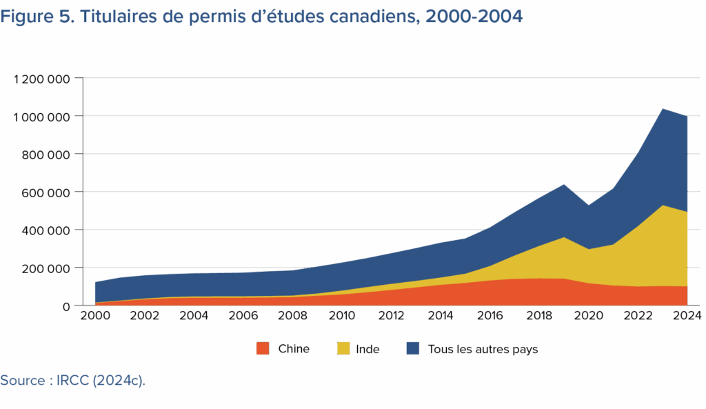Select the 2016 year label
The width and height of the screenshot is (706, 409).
click(x=490, y=316)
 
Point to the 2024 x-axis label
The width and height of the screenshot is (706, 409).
click(x=687, y=316)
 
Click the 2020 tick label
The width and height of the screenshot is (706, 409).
click(x=588, y=316)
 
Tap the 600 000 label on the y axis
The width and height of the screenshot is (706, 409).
click(x=48, y=192)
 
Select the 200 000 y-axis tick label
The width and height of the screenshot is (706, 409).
click(x=48, y=268)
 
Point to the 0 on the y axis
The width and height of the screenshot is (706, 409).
click(x=67, y=306)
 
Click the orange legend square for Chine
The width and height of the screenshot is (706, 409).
click(x=263, y=349)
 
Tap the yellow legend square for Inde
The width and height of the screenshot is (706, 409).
click(x=343, y=349)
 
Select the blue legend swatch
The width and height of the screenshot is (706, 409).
click(x=412, y=349)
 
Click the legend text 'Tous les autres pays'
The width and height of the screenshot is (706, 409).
click(x=483, y=349)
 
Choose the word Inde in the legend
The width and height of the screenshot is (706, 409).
click(x=367, y=349)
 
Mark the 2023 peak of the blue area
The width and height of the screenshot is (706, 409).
click(x=663, y=108)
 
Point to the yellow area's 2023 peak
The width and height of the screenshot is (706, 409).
click(x=663, y=206)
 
